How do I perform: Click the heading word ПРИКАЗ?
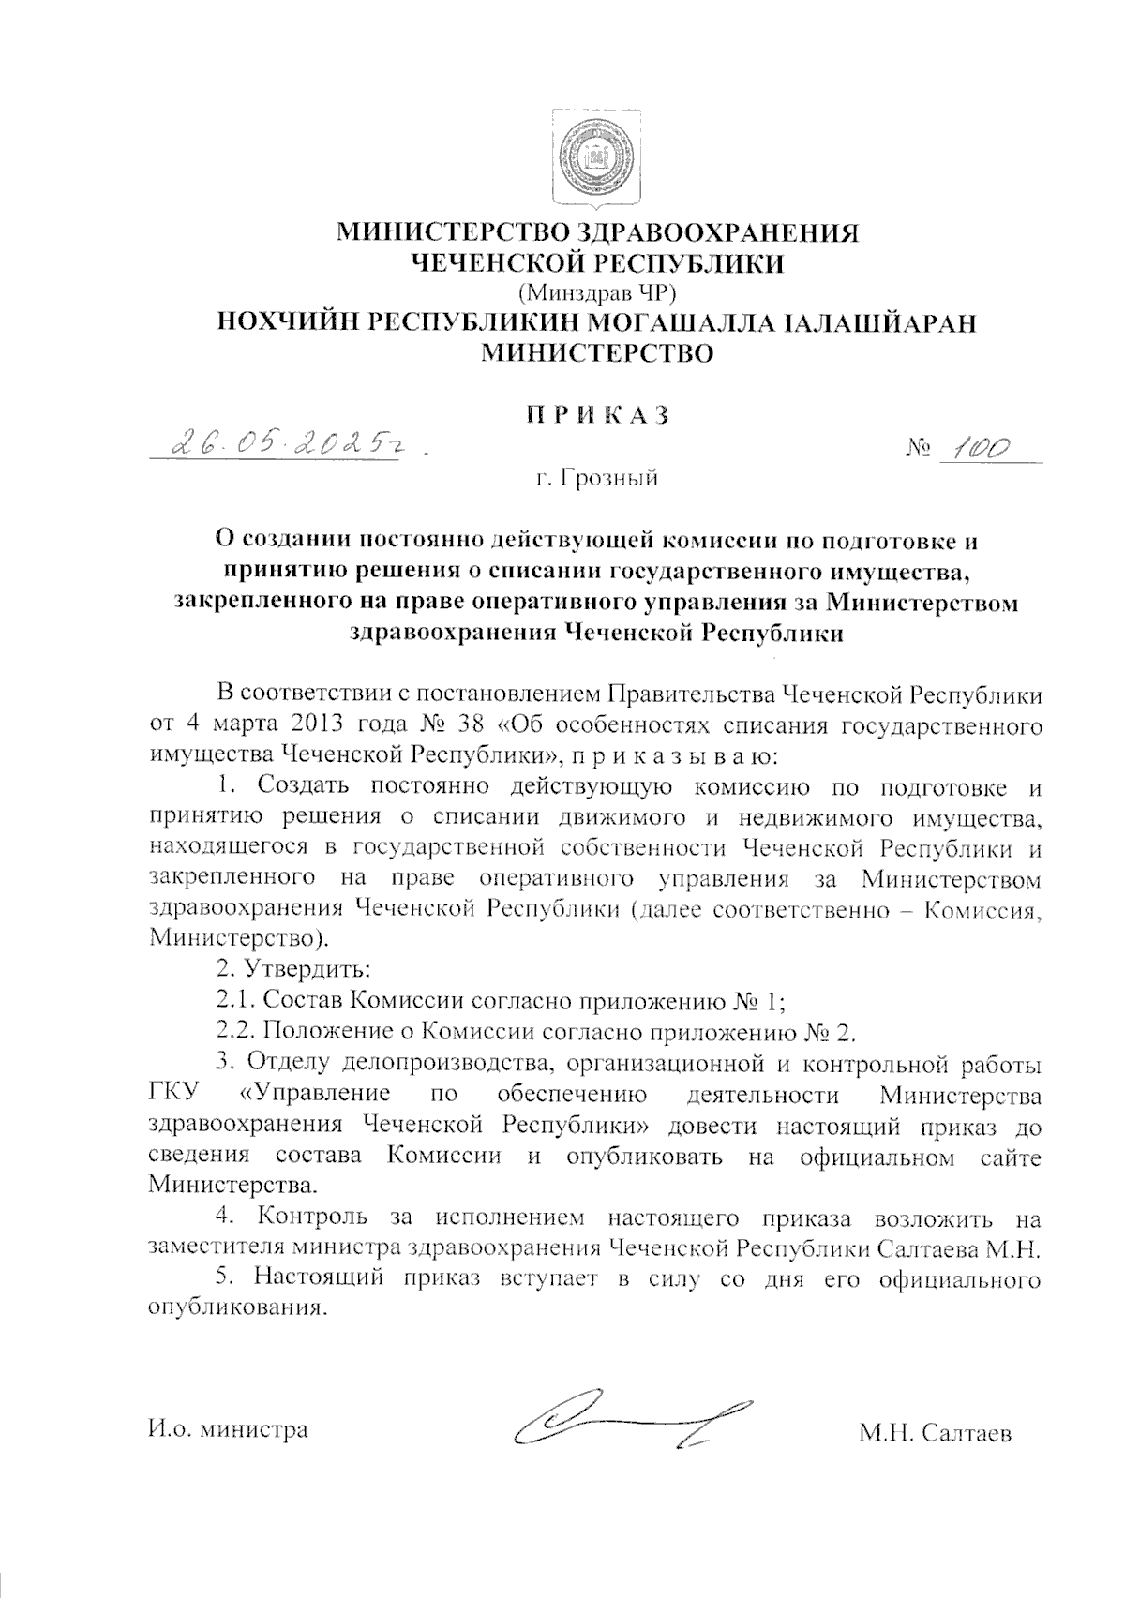(597, 414)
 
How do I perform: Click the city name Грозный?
(608, 479)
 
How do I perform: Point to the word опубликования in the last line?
(236, 1307)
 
